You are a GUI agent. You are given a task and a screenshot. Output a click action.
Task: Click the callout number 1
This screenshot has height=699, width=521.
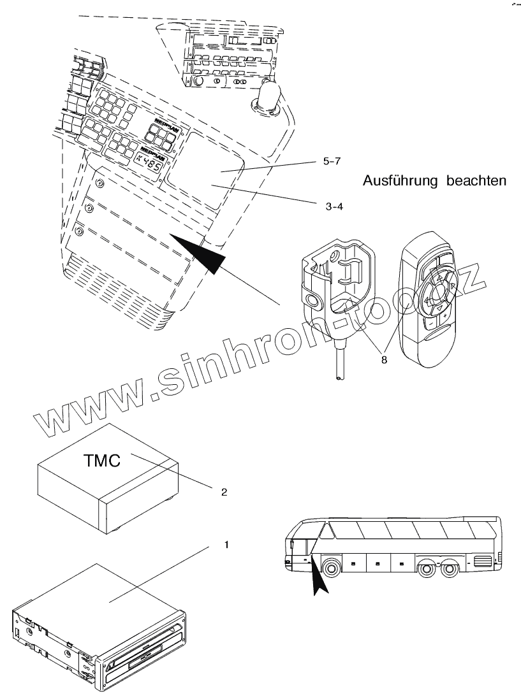pos(226,545)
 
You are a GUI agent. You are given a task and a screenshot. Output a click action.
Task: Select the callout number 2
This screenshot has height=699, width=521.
pos(224,492)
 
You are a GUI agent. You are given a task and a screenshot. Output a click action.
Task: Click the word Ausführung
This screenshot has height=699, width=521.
pos(399,181)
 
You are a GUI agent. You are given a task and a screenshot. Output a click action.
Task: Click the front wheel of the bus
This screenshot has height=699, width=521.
pos(332,568)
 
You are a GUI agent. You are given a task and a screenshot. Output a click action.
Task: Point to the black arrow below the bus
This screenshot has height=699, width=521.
pos(318,580)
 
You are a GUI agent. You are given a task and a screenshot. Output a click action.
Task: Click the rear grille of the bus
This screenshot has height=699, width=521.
pos(483,563)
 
